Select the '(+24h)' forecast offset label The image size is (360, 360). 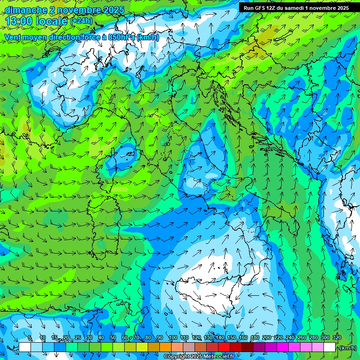[82, 21]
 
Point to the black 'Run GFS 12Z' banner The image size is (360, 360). [296, 8]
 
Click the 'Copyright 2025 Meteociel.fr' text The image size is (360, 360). [199, 357]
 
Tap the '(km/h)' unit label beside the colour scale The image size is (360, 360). [348, 348]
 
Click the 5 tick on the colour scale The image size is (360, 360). [30, 338]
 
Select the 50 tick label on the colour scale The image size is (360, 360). [113, 338]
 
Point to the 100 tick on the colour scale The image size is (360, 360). [172, 338]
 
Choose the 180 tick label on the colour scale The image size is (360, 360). [255, 338]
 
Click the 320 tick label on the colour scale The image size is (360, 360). [337, 338]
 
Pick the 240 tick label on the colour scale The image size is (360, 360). [290, 338]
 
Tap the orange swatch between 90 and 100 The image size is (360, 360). [165, 347]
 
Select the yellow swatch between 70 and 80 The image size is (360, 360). [142, 347]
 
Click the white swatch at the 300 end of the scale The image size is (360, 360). [330, 347]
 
